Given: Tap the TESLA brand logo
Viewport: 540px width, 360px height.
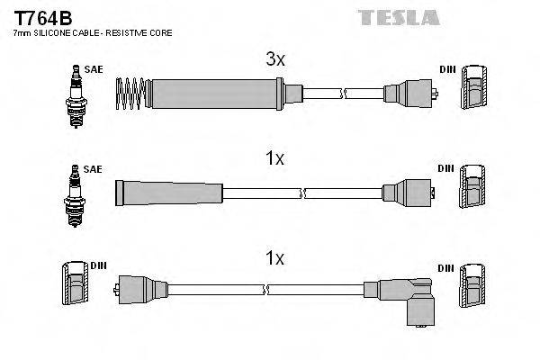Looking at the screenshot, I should [x=398, y=17].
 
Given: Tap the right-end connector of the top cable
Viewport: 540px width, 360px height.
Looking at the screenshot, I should [x=409, y=92].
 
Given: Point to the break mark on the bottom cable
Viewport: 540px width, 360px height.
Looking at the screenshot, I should [x=267, y=290].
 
